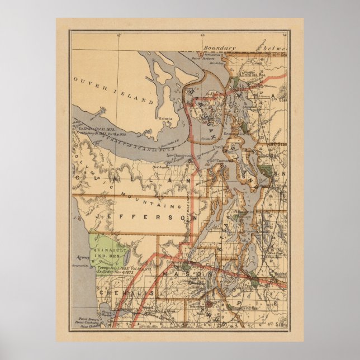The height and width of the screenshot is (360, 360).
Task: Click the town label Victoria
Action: pos(166,119)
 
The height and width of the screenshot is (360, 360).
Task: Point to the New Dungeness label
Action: pos(208,155)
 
